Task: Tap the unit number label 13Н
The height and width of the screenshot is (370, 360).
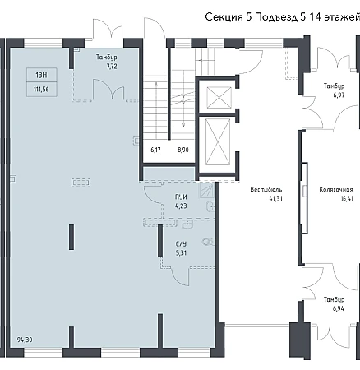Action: pos(42,75)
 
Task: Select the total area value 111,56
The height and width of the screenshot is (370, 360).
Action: pos(41,90)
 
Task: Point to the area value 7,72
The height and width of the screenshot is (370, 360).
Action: pos(112,67)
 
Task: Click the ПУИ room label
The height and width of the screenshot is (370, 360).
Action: pos(181,197)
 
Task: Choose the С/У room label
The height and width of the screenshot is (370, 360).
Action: pos(181,244)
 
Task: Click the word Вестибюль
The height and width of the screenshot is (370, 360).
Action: pos(266,189)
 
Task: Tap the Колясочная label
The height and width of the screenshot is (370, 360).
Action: pos(336,189)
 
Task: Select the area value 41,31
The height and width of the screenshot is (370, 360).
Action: pos(275,198)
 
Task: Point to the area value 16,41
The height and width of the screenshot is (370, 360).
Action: pos(347,198)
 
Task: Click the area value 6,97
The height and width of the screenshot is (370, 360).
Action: pos(339,95)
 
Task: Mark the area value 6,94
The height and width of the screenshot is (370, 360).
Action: pos(339,308)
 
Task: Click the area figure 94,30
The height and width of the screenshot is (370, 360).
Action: pos(25,340)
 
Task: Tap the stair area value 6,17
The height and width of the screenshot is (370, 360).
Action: pos(156,150)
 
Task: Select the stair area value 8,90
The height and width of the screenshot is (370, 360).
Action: pos(183,150)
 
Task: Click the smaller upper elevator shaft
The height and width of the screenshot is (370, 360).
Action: pos(219,97)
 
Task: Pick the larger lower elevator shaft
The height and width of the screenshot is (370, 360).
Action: pos(218,142)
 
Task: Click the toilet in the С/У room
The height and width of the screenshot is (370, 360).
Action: pos(209,242)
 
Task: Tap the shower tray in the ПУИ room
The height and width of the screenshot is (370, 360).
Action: pos(207,190)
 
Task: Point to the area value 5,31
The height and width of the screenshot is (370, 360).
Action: pos(181,252)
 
